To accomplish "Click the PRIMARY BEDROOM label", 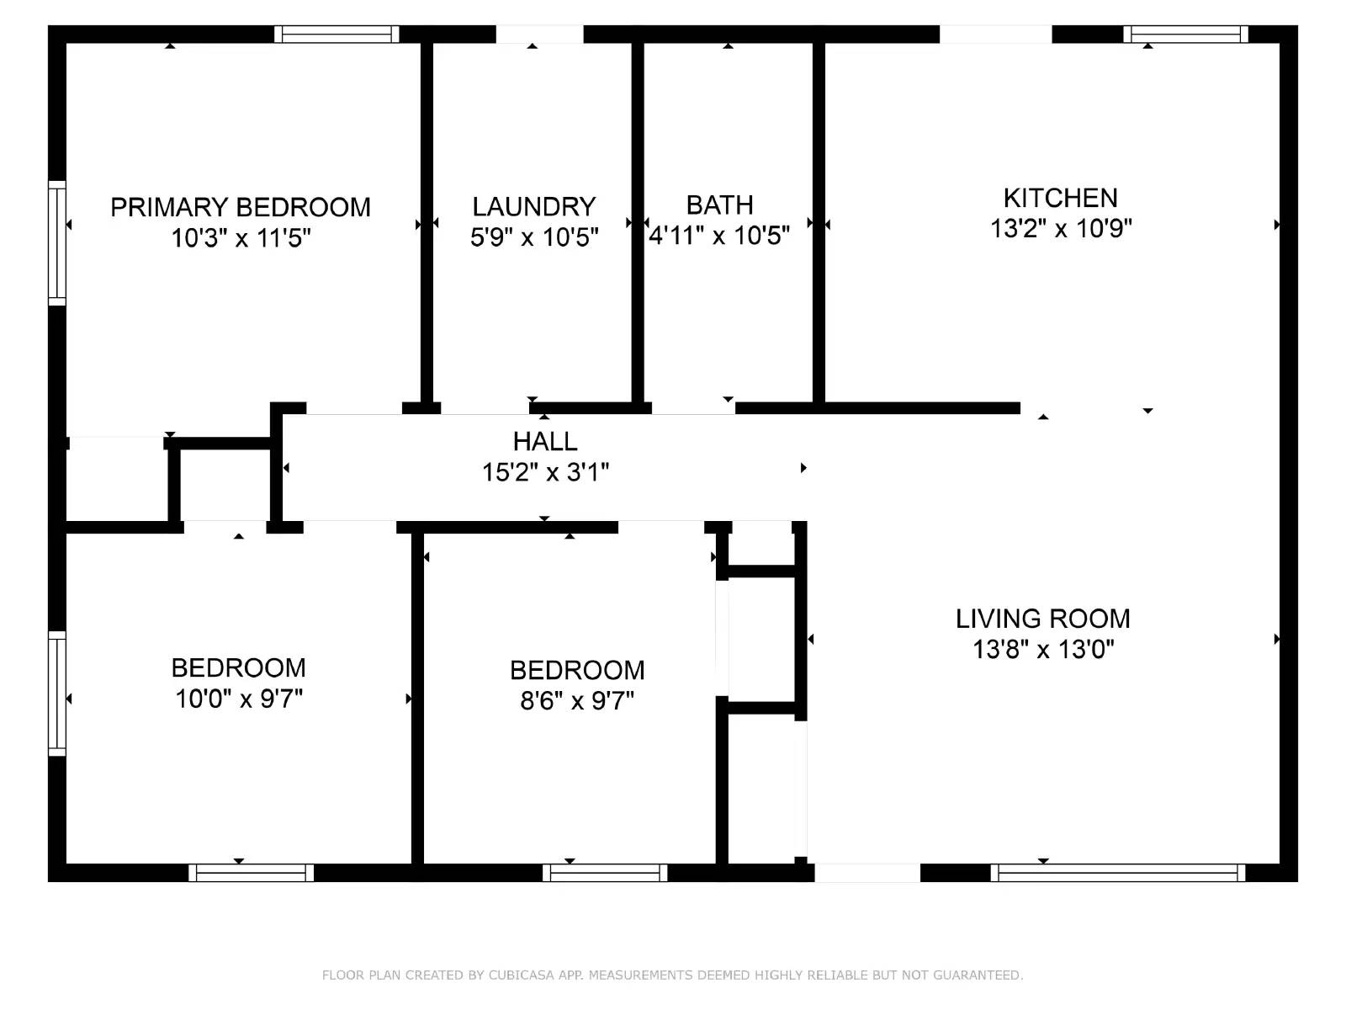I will click(240, 207).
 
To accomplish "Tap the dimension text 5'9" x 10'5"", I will click(534, 237).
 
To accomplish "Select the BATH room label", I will click(719, 205).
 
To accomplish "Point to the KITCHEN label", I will click(1060, 198).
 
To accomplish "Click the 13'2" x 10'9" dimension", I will click(1060, 228).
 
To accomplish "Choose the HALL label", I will click(545, 441).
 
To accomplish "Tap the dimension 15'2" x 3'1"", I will click(545, 472).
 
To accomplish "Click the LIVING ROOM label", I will click(1042, 619).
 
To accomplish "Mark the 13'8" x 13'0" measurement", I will click(1042, 650).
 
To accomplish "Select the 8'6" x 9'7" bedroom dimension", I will click(576, 700).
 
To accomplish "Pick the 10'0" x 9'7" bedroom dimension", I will click(238, 699).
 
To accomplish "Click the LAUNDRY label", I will click(533, 206).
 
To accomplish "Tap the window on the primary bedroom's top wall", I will click(336, 34).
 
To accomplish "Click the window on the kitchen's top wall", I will click(1185, 34).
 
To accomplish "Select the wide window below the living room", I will click(1117, 873).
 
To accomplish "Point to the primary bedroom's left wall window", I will click(56, 242).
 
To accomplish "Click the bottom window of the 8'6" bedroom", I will click(605, 873).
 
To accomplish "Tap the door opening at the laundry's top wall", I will click(539, 34).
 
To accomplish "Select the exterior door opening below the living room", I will click(867, 873).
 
